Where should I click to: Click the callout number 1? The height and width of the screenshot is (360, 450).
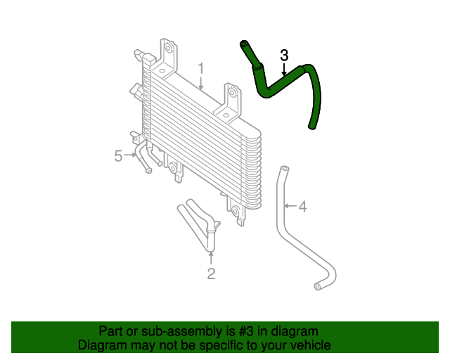coord(201,69)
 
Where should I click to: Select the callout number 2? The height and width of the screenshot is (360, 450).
coord(211,274)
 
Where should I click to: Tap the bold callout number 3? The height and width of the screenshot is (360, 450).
coord(284,55)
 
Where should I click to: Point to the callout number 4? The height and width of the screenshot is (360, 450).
coord(303,207)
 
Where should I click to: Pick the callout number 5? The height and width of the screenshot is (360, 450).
coord(119,155)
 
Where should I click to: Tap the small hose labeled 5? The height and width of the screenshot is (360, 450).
coord(144,156)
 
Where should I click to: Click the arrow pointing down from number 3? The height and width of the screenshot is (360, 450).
coord(284,69)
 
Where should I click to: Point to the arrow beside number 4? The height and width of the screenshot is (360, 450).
coord(290,207)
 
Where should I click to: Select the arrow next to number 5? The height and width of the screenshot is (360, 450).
coord(131,155)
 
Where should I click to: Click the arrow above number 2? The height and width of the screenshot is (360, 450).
coord(211,257)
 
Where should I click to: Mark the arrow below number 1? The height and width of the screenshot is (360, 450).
coord(201,84)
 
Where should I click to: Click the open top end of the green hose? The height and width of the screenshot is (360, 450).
coord(244,44)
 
